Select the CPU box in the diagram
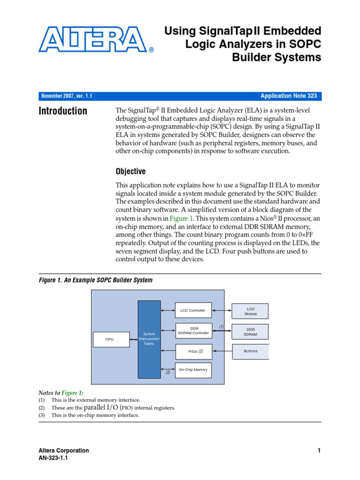(110, 339)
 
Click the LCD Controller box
(193, 310)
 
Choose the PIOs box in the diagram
(193, 351)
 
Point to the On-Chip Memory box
(193, 370)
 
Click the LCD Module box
(250, 311)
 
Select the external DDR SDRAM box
(250, 332)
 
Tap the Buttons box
(250, 351)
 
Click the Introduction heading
(63, 111)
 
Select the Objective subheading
(131, 172)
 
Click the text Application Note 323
(288, 96)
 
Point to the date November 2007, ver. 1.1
(67, 96)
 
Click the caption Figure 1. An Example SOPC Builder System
(95, 280)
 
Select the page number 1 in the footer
(319, 451)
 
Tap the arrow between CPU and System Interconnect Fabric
(134, 339)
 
